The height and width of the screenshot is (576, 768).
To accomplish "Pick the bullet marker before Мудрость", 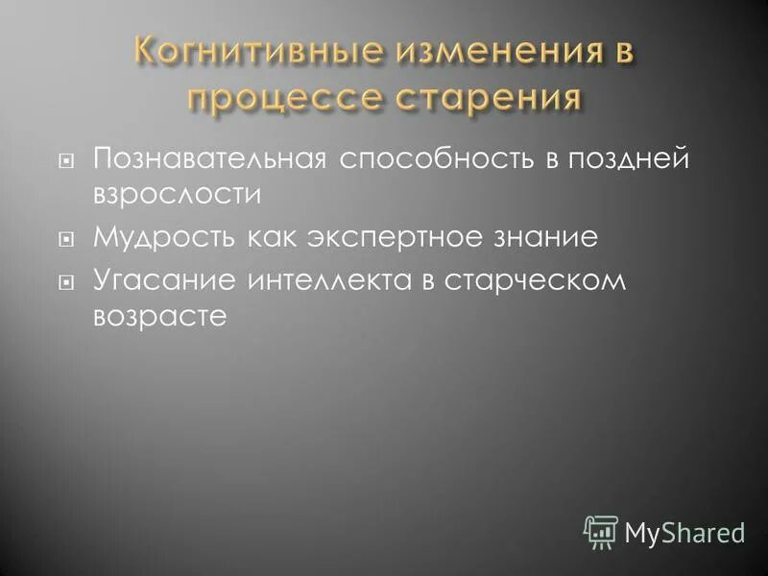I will (65, 239).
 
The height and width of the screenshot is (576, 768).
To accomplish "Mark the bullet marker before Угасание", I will (65, 283).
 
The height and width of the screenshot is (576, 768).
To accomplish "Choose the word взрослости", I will (177, 194).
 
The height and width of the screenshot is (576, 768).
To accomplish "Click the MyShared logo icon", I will (601, 531).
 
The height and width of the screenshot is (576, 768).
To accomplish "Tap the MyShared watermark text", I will (684, 532).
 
